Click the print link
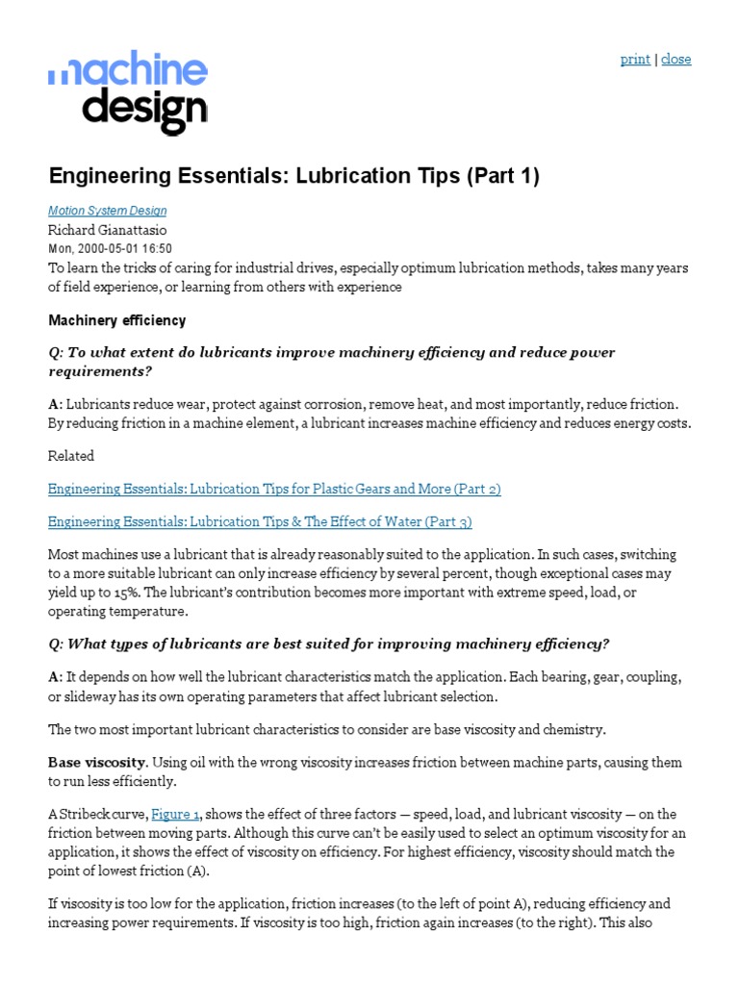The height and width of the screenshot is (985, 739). [635, 59]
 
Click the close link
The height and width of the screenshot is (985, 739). [676, 59]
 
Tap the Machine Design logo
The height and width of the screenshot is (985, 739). [128, 95]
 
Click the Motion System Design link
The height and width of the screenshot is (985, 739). [107, 211]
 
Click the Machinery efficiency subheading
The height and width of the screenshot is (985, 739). [116, 320]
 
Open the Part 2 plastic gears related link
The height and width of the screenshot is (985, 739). [274, 489]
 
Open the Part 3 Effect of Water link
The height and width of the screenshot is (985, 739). [260, 521]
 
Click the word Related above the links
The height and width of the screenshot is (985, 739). [71, 456]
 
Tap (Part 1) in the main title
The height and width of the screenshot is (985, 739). [477, 176]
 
